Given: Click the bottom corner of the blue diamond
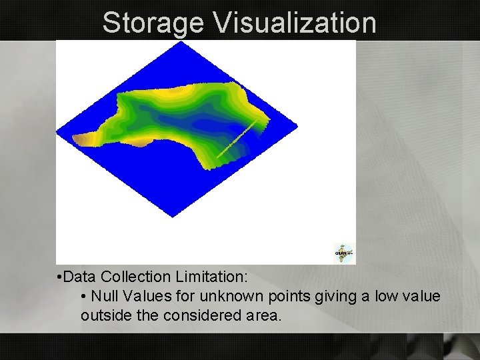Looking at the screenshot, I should [173, 216].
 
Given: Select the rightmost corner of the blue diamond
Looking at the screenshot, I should [297, 127].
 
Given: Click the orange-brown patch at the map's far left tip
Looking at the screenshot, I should [83, 139].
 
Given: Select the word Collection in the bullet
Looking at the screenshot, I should [133, 275].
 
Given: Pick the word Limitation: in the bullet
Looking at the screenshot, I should [204, 275].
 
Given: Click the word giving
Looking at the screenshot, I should [319, 295].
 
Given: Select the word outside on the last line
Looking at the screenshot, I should [102, 315].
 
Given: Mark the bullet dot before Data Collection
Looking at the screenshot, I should [60, 276].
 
